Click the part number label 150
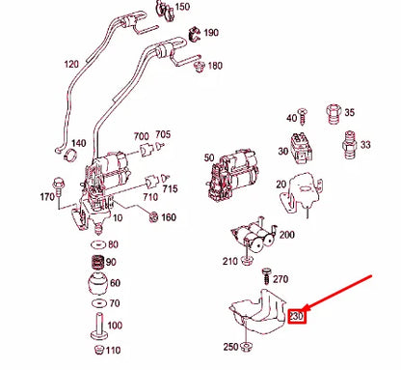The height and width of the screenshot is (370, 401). [x=182, y=7]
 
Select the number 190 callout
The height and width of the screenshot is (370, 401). [x=211, y=33]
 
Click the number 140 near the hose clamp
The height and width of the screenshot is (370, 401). [x=77, y=143]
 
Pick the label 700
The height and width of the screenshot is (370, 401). [x=141, y=135]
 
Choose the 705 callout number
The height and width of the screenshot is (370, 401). [x=163, y=134]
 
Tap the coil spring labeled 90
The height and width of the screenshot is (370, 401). [x=95, y=262]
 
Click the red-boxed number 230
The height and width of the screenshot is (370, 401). [x=298, y=315]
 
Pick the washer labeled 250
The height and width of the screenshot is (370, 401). [x=247, y=346]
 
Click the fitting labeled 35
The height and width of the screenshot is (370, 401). [x=337, y=113]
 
